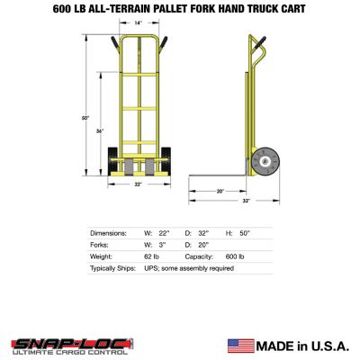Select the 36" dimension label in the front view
click(101, 131)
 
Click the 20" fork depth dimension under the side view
click(220, 191)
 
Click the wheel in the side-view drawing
click(266, 162)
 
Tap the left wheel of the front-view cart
click(114, 166)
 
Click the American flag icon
click(240, 345)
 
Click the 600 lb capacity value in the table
click(234, 256)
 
